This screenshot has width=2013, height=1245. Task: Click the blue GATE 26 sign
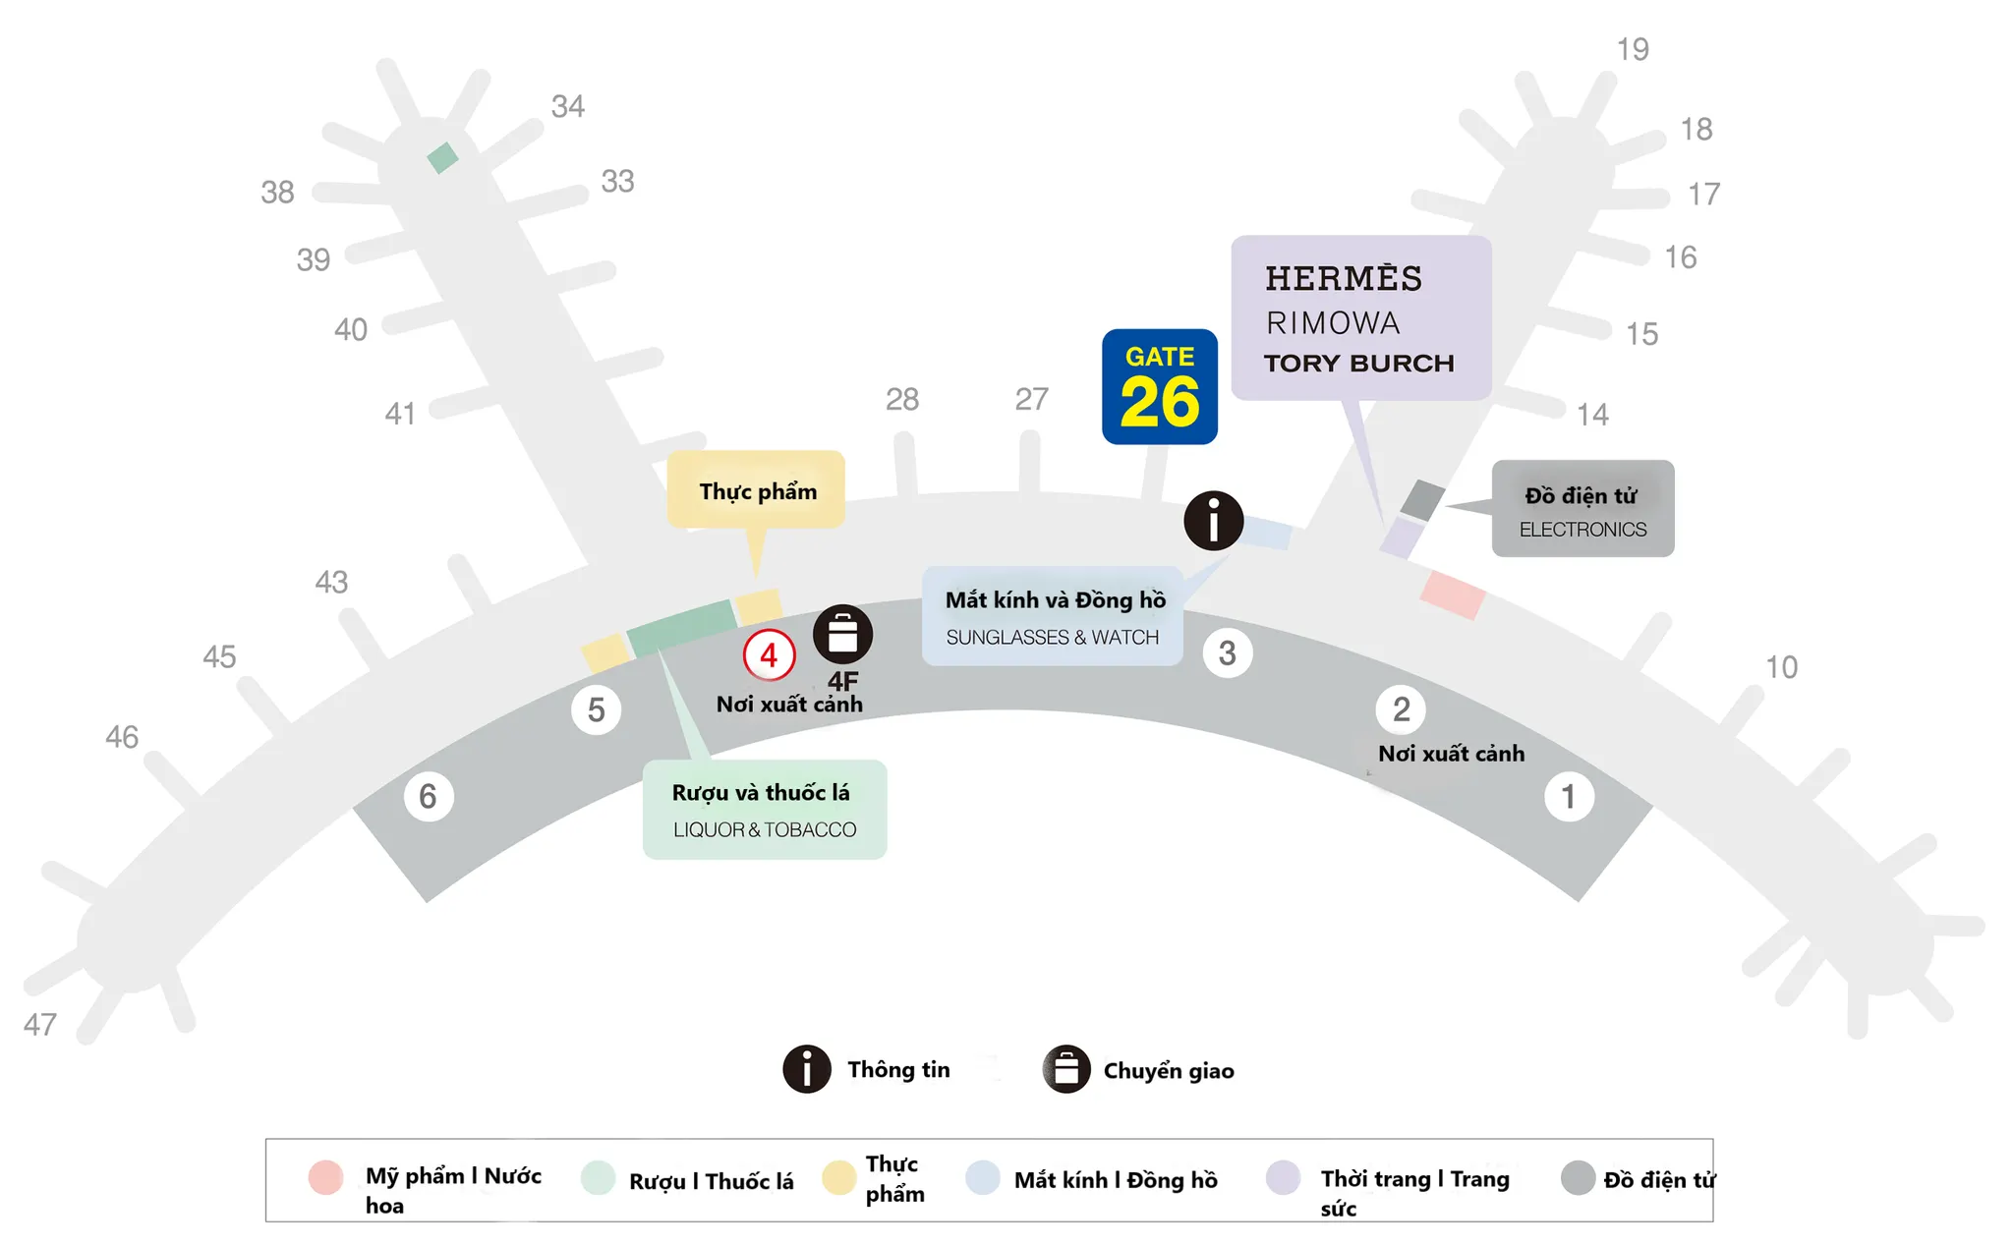[x=1159, y=386]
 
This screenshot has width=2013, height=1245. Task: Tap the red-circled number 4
[x=769, y=654]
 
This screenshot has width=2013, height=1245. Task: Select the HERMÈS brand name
[x=1343, y=279]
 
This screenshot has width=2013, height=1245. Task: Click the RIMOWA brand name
[x=1332, y=323]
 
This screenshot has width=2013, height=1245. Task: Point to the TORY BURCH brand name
[x=1358, y=364]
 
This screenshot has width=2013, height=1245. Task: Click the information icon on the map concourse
[x=1213, y=521]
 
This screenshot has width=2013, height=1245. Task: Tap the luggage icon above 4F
[x=842, y=634]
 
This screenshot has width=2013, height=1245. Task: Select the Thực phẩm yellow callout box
[x=757, y=490]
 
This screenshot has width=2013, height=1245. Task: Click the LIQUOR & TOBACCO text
[x=764, y=829]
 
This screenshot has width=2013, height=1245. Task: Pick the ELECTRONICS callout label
[x=1582, y=529]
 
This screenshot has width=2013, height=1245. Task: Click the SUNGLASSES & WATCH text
[x=1052, y=637]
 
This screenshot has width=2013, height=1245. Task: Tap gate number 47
[x=40, y=1025]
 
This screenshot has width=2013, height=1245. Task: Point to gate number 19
[x=1633, y=49]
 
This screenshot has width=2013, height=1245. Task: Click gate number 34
[x=568, y=106]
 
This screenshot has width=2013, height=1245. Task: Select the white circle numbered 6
[x=428, y=796]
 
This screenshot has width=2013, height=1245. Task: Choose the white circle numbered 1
[x=1568, y=797]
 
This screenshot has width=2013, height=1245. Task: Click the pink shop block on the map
[x=1452, y=594]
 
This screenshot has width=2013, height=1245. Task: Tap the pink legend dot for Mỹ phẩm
[x=325, y=1176]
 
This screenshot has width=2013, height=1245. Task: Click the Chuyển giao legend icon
[x=1066, y=1069]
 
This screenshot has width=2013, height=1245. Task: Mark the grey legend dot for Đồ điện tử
[x=1577, y=1177]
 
